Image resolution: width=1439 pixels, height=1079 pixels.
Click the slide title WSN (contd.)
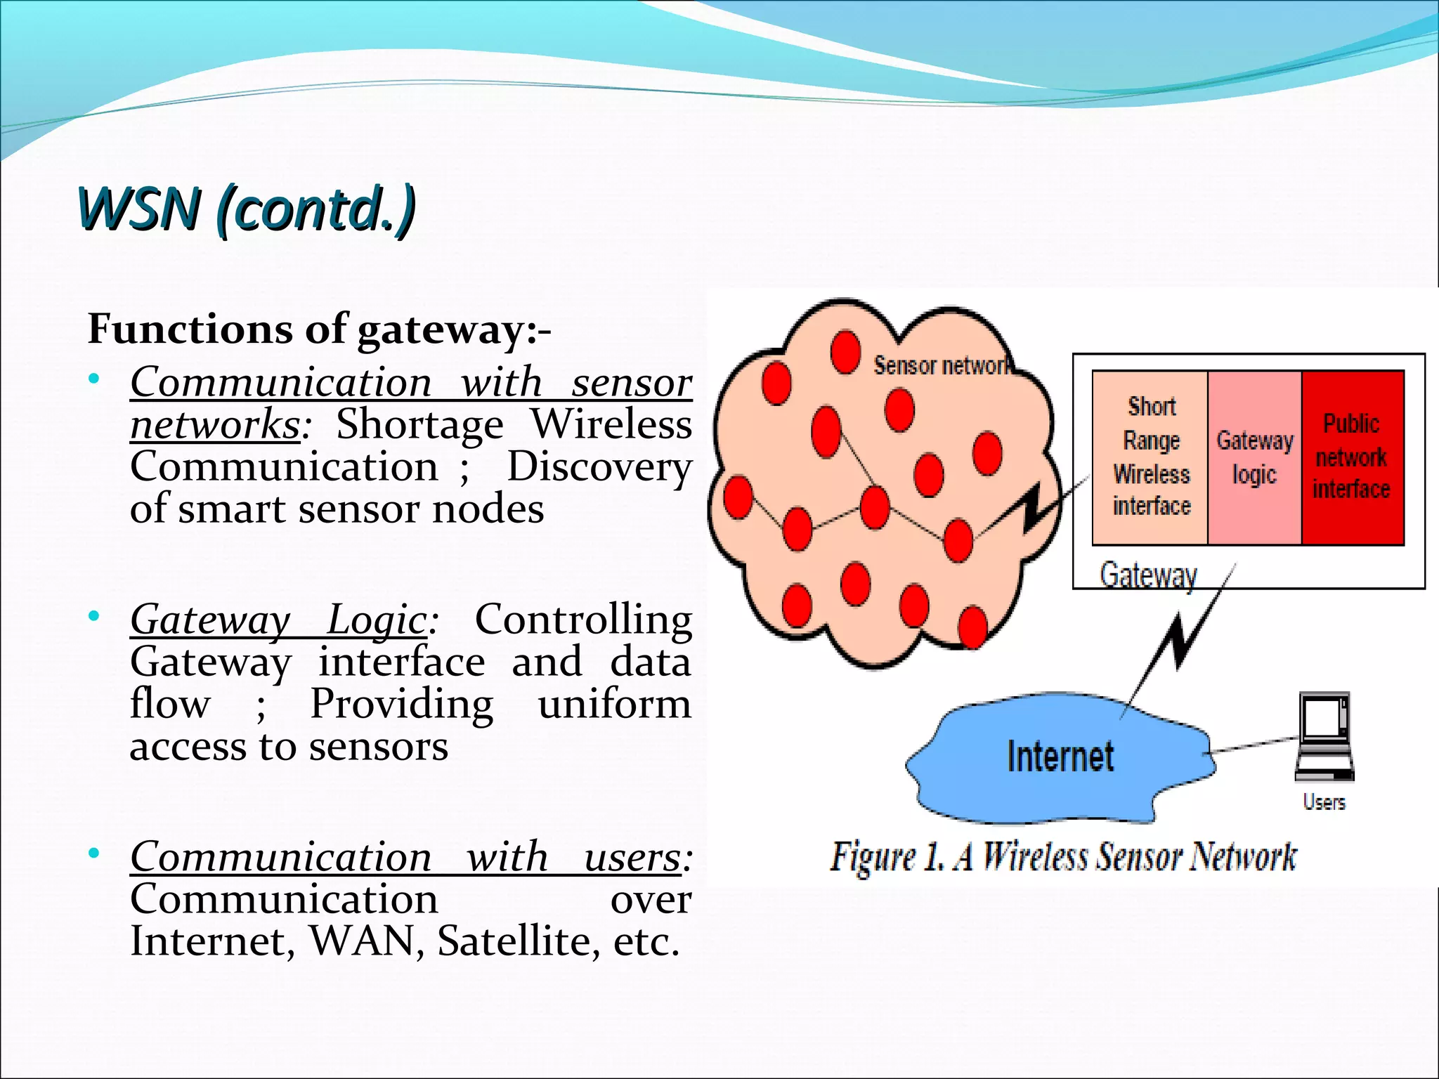(x=246, y=209)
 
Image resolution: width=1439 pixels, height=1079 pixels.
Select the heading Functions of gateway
(x=318, y=329)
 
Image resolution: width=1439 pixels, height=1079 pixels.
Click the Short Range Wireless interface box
(x=1151, y=457)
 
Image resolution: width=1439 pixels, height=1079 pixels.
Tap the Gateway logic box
(x=1254, y=457)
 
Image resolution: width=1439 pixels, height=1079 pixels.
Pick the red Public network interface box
(x=1352, y=457)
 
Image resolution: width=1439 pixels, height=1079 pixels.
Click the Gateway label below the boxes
(x=1148, y=575)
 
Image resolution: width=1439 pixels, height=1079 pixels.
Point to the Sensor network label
(x=940, y=365)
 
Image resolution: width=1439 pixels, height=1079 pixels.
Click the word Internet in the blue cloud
(x=1060, y=757)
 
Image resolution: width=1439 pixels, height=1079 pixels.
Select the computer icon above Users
(x=1324, y=735)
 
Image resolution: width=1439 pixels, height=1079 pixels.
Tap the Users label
(x=1324, y=802)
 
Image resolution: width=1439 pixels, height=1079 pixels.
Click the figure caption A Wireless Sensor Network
(x=1062, y=856)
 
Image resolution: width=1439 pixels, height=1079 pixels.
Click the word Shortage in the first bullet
(x=419, y=425)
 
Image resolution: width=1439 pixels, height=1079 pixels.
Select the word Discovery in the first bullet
(x=599, y=467)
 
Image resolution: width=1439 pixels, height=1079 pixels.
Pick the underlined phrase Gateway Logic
(x=279, y=620)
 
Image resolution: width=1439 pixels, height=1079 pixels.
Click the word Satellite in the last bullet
(x=519, y=941)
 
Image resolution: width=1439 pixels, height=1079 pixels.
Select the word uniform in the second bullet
(x=614, y=705)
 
